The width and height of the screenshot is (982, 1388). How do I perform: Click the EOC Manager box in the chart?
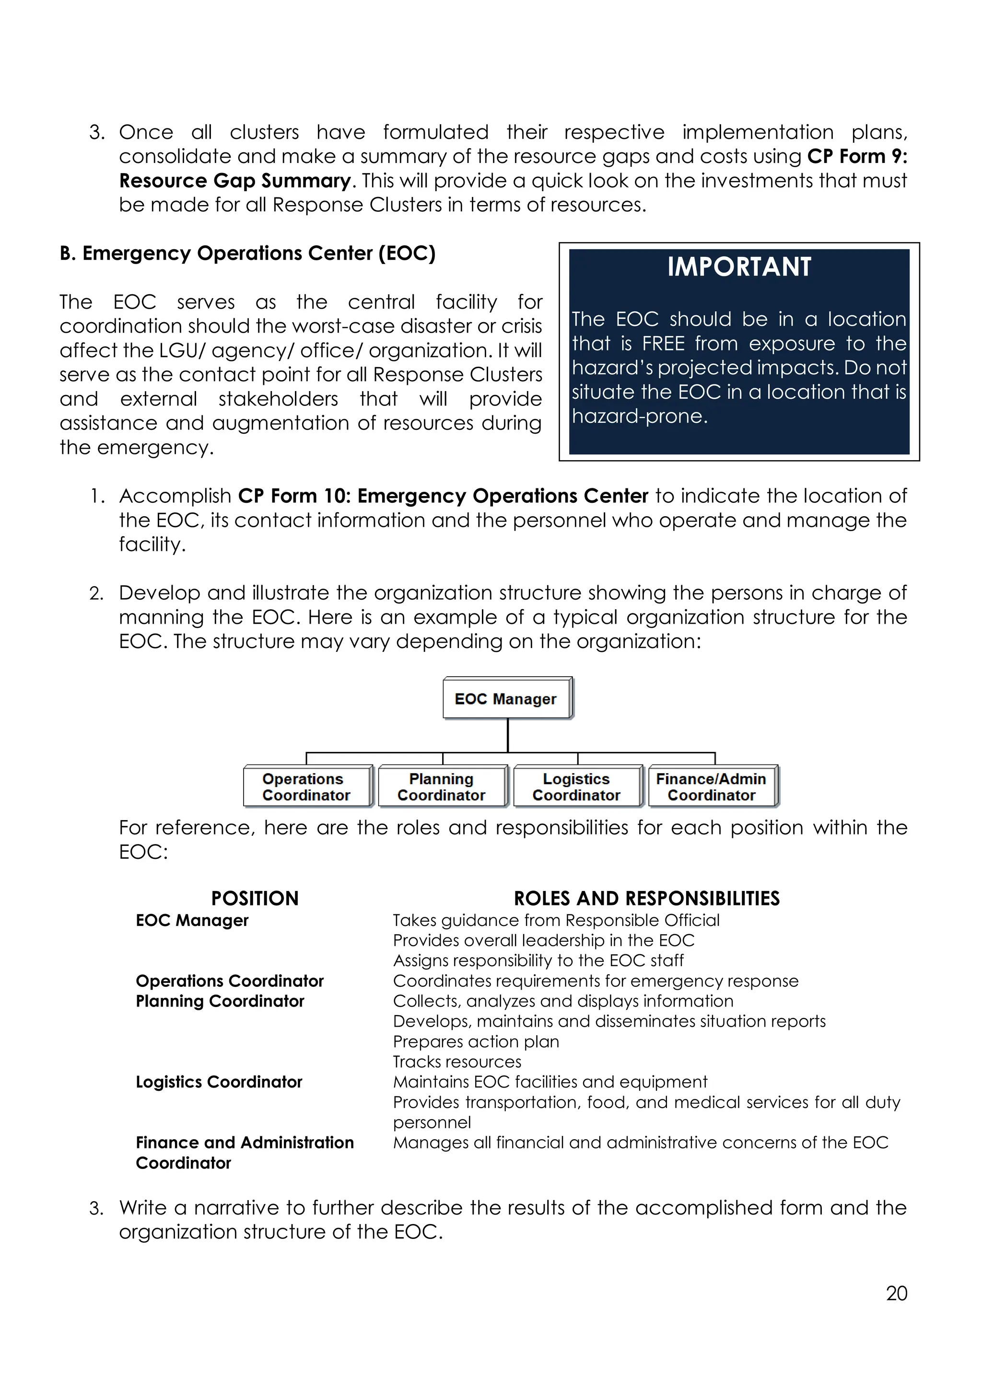coord(506,699)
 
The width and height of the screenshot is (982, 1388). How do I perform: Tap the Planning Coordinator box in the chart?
coord(442,787)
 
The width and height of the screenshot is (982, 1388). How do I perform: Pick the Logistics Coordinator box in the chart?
coord(576,787)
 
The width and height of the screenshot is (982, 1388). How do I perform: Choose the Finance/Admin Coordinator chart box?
coord(711,787)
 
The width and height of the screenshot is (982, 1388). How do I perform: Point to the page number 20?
coord(896,1293)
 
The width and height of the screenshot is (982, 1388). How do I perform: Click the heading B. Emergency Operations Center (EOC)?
coord(247,253)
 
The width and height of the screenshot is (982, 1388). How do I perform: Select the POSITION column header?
coord(255,898)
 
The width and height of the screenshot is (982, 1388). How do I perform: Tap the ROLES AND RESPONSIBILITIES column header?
coord(646,898)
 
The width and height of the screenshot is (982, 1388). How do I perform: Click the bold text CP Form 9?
coord(857,157)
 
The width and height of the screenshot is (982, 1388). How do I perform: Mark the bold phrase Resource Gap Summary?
coord(234,181)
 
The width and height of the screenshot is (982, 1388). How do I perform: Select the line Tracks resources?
coord(456,1062)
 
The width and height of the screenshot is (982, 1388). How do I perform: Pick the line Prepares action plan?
coord(476,1041)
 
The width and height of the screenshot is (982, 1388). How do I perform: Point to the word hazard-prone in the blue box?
coord(639,416)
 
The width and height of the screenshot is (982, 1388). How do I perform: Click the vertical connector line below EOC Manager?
coord(507,735)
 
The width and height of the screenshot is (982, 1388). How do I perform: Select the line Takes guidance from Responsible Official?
coord(556,920)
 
